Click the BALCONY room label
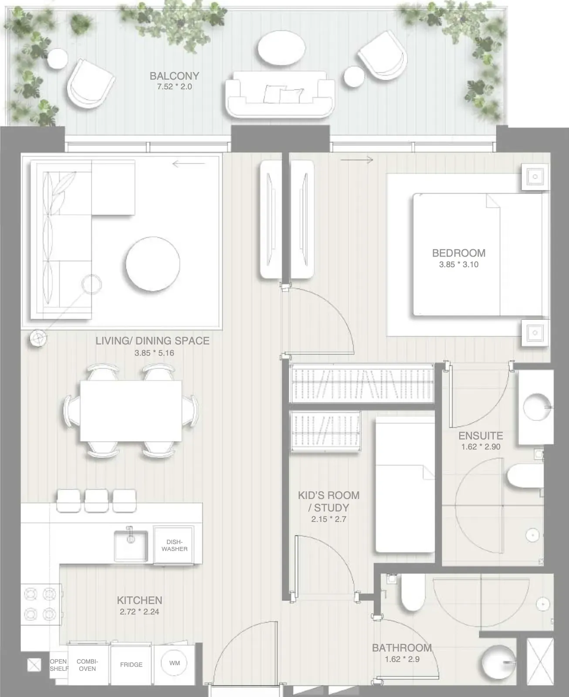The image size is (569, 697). [175, 76]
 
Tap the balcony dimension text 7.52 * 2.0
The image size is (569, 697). [175, 87]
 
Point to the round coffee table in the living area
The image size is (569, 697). [153, 264]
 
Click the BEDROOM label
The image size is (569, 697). [459, 253]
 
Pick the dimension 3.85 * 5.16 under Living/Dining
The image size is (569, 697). [154, 353]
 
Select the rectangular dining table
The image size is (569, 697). [131, 411]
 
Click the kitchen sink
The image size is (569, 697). [131, 546]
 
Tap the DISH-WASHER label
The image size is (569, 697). [175, 545]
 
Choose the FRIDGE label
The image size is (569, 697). [131, 665]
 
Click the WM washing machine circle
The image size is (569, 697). [174, 663]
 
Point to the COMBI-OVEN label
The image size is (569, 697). [87, 665]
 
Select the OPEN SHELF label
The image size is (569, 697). [59, 665]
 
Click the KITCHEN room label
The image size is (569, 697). [139, 600]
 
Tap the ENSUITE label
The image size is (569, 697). [481, 436]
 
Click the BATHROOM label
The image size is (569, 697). [402, 648]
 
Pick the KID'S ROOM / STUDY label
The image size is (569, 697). [329, 501]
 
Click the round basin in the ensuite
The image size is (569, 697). [536, 407]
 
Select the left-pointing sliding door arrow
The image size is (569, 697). [189, 163]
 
